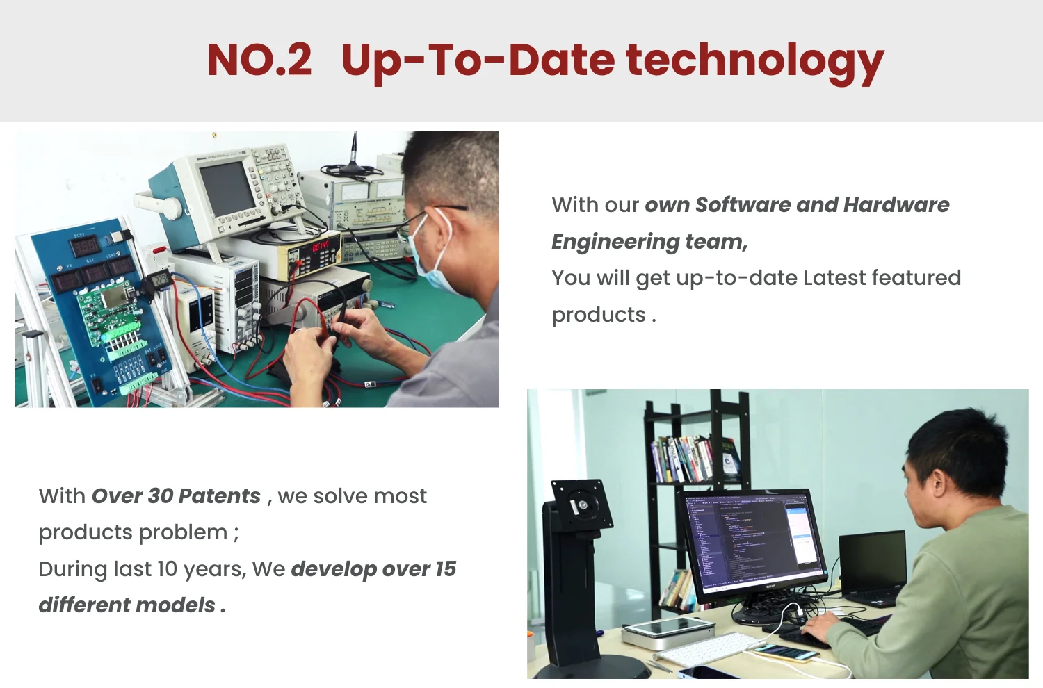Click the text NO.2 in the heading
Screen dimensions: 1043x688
click(259, 60)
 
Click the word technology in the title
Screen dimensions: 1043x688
click(754, 63)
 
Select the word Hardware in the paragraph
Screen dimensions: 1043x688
click(896, 205)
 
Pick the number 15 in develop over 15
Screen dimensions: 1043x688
click(446, 569)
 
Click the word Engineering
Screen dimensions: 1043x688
click(615, 242)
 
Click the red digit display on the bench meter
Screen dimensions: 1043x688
click(320, 246)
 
